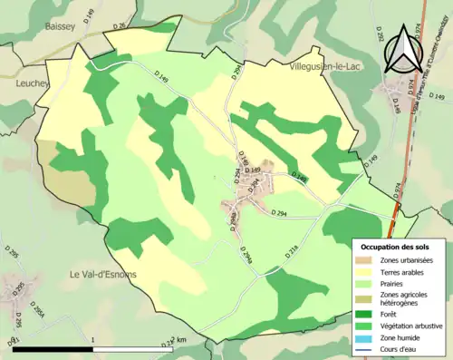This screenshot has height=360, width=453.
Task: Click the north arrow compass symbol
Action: (x=405, y=51)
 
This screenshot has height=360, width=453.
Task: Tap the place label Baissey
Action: (x=60, y=27)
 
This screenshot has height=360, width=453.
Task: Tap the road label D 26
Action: (x=120, y=25)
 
